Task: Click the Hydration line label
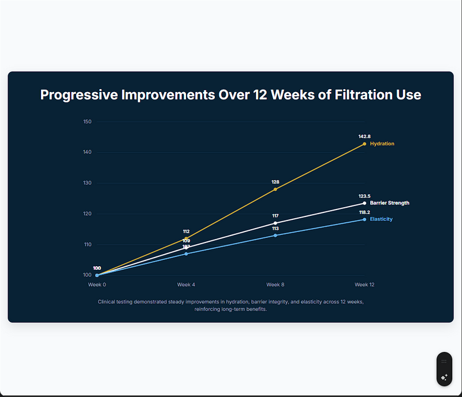click(x=382, y=144)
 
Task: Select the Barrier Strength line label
click(x=389, y=203)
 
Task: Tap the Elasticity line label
click(x=381, y=219)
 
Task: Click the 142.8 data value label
click(x=364, y=136)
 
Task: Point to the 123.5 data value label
click(x=364, y=196)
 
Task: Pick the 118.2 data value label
click(x=364, y=212)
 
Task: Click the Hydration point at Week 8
click(x=275, y=189)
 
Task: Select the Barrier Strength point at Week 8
click(x=275, y=223)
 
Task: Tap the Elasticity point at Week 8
click(x=275, y=235)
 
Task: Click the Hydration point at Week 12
click(x=364, y=144)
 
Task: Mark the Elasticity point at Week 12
click(x=364, y=219)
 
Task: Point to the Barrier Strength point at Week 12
click(x=364, y=203)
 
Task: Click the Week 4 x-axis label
click(x=186, y=285)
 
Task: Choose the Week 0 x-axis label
click(x=97, y=285)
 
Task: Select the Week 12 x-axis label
click(x=364, y=285)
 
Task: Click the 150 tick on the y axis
click(x=88, y=122)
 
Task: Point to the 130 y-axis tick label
click(x=88, y=183)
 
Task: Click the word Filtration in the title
click(x=359, y=95)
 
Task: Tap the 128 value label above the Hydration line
click(x=275, y=182)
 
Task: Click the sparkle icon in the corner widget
click(x=444, y=377)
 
